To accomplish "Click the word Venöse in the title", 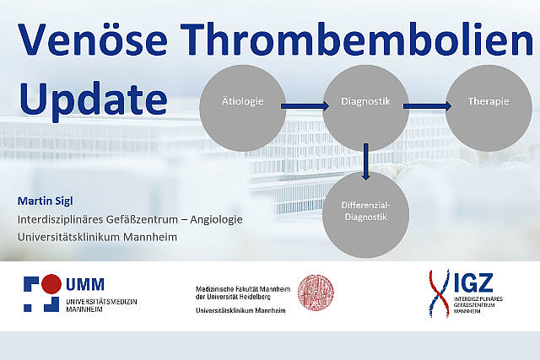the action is click(x=93, y=40).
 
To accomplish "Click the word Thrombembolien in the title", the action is click(x=356, y=39).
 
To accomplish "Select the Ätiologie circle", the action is click(x=242, y=108).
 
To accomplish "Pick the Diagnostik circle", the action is click(x=365, y=108).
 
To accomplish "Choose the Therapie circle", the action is click(x=489, y=108).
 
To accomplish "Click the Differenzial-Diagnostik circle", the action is click(x=365, y=214).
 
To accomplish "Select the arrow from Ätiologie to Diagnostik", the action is click(x=305, y=106).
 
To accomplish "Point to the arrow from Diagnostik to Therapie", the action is click(x=428, y=106).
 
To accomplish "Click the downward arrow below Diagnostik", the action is click(x=365, y=162).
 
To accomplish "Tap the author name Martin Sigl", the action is click(x=45, y=201).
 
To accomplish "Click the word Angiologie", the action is click(x=216, y=219).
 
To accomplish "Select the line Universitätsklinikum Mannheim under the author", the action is click(x=98, y=237).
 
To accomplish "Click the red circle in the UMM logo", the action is click(x=51, y=284).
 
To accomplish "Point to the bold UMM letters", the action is click(x=85, y=285).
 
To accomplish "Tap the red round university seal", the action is click(x=316, y=293).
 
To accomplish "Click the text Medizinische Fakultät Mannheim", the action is click(x=243, y=289).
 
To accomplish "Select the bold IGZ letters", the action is click(x=473, y=283).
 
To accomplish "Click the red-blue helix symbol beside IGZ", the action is click(x=439, y=293).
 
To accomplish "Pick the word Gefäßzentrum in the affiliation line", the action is click(x=142, y=219).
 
